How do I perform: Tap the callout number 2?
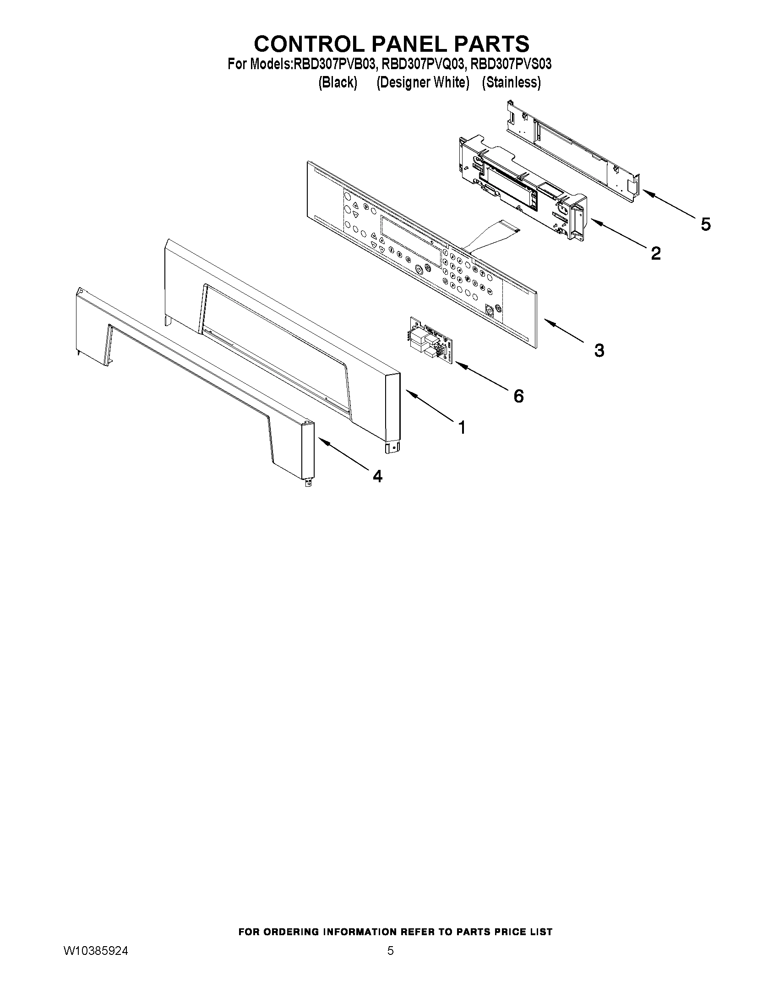(655, 252)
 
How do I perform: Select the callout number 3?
(599, 350)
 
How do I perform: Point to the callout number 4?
(377, 476)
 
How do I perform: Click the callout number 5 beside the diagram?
(705, 224)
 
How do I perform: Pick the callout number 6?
(519, 396)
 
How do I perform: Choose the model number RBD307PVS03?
(511, 64)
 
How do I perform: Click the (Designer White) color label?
(423, 82)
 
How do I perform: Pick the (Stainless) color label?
(511, 82)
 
